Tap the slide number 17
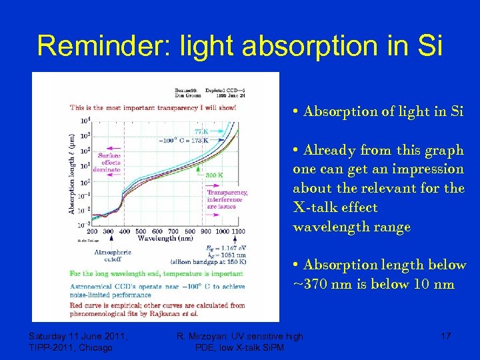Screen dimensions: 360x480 click(445, 337)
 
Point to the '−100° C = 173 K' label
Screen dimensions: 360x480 click(184, 141)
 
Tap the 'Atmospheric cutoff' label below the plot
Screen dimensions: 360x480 click(113, 256)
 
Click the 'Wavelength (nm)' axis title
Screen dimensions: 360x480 click(165, 237)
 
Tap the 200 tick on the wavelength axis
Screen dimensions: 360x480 click(92, 230)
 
